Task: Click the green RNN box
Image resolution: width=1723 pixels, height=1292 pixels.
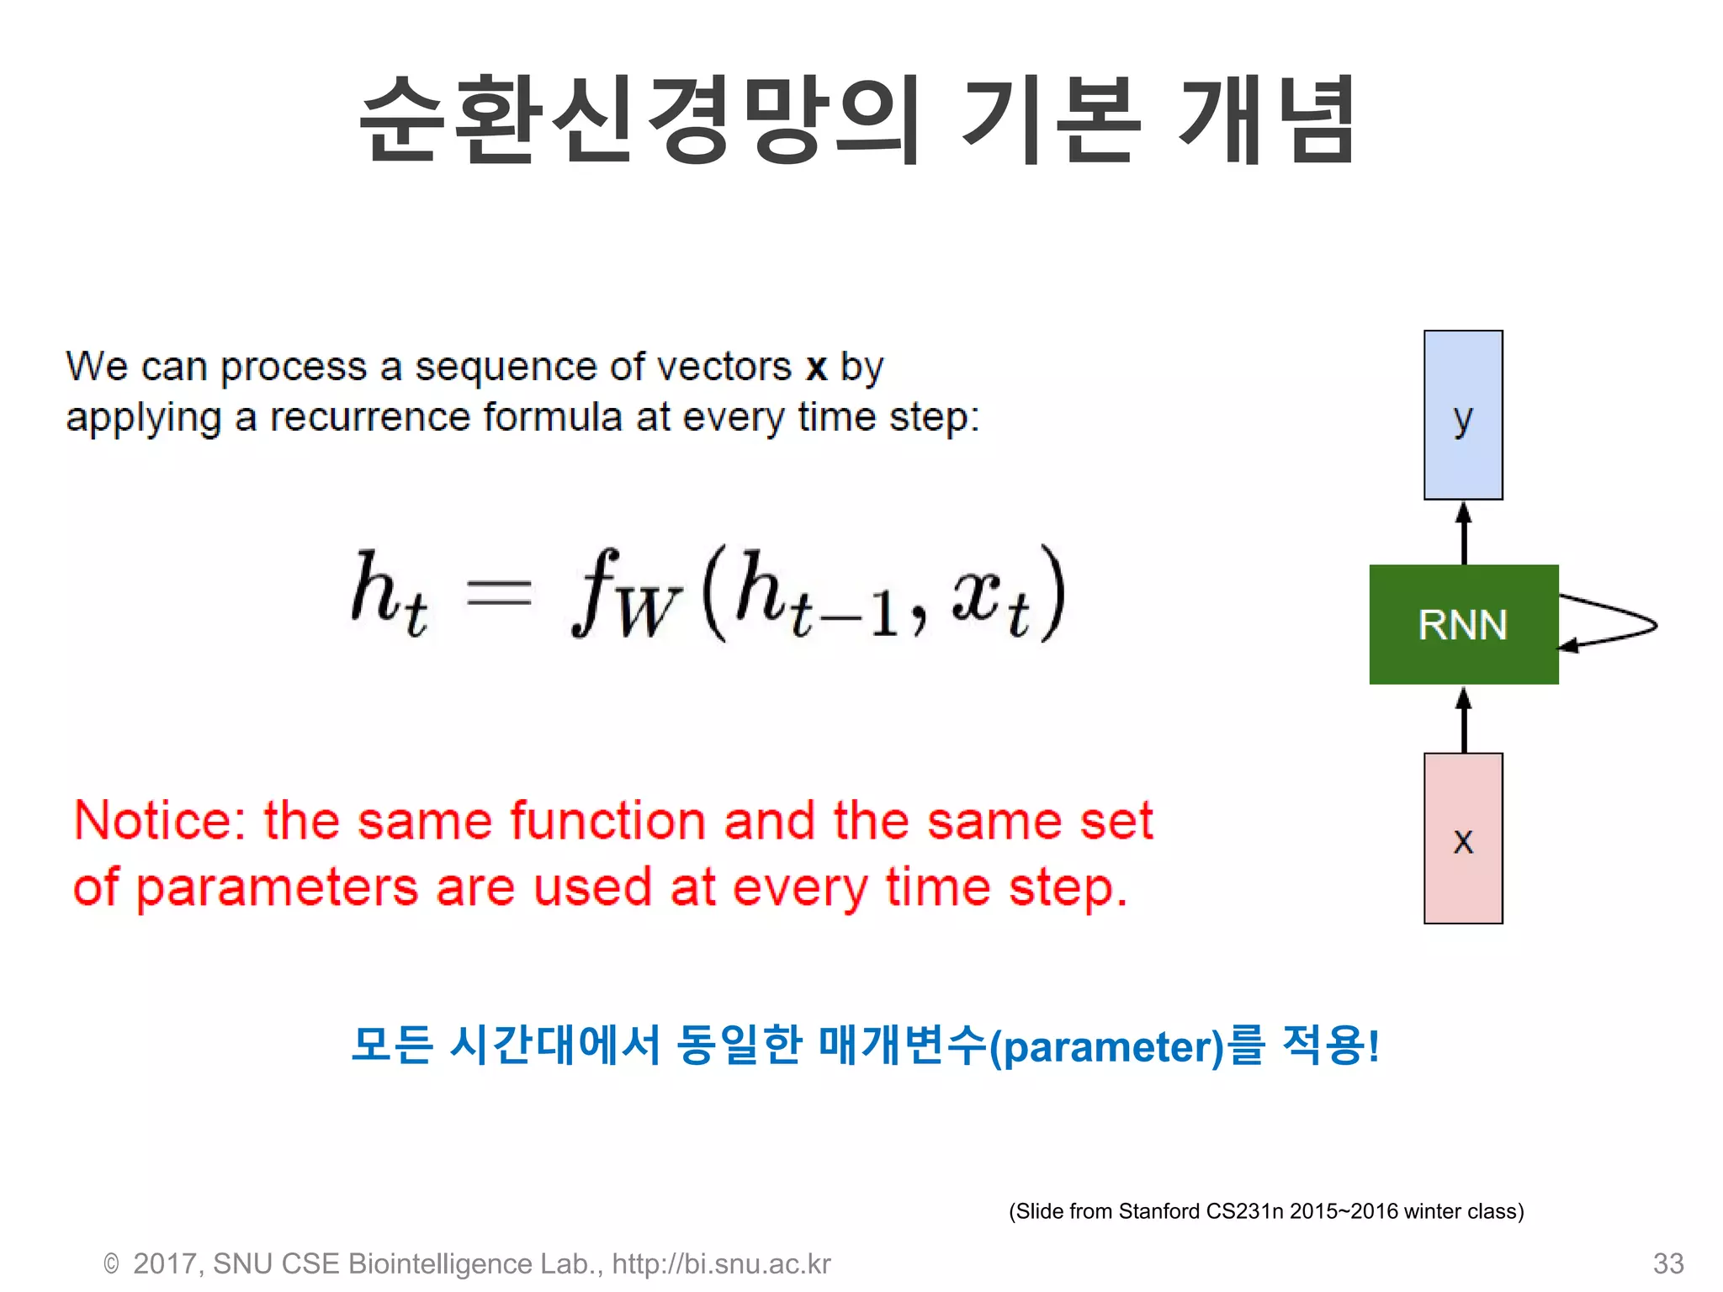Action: [1463, 624]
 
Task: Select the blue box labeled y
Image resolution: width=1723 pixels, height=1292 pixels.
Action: [1463, 415]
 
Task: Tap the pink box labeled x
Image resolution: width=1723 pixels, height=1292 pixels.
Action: [1463, 839]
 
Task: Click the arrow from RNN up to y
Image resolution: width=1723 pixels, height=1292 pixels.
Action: [1464, 533]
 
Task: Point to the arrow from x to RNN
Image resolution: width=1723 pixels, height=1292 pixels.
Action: [1464, 720]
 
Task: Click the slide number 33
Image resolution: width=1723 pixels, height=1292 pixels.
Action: [1667, 1263]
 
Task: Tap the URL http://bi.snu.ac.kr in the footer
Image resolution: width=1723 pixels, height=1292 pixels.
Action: [721, 1263]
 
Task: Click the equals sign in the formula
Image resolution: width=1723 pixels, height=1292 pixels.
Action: [499, 594]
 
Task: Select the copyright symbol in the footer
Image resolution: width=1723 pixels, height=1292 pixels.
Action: [111, 1263]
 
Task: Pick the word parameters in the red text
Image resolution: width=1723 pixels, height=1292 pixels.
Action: [278, 889]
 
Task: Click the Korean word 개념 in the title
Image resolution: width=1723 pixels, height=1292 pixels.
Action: [1266, 119]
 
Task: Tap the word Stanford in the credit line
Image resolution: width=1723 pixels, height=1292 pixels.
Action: [1159, 1211]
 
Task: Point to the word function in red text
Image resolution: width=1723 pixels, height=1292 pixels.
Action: [607, 821]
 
